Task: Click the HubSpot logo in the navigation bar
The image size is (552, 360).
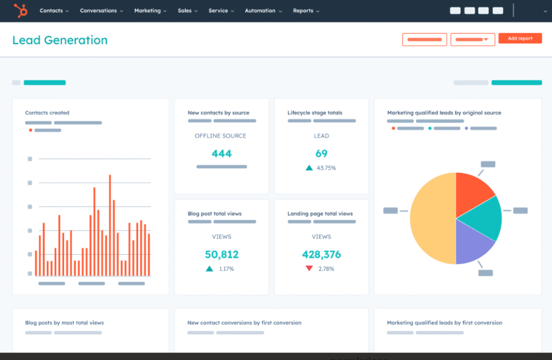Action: tap(21, 10)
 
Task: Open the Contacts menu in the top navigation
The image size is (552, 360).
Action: tap(54, 11)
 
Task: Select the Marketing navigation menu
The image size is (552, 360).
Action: tap(150, 11)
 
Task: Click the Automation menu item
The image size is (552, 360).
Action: tap(263, 11)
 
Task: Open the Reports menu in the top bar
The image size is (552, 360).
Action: tap(306, 11)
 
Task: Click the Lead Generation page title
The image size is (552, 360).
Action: tap(60, 40)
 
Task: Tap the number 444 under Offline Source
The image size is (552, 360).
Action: tap(222, 154)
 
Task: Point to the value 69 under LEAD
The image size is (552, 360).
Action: tap(321, 154)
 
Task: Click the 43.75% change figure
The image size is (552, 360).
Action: tap(326, 168)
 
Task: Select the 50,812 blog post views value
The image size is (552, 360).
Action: tap(222, 254)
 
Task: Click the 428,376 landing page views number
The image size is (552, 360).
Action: tap(321, 254)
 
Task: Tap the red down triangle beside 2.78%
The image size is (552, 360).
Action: tap(309, 268)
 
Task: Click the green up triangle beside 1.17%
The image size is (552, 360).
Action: tap(209, 268)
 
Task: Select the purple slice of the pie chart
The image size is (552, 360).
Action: tap(472, 243)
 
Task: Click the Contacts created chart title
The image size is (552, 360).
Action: tap(47, 113)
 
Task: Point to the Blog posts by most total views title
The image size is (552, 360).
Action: tap(64, 323)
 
